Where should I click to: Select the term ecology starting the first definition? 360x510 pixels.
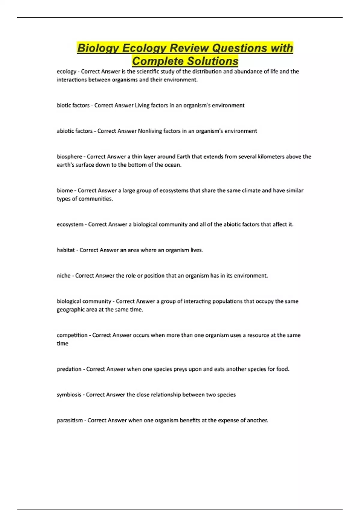pos(66,72)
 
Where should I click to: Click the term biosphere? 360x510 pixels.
pos(69,157)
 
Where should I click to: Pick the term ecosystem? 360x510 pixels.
pos(70,224)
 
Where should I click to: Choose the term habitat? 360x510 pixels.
pos(66,250)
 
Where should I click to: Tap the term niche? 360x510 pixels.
pos(64,276)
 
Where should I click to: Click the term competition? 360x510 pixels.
pos(72,335)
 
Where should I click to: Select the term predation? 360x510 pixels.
pos(69,369)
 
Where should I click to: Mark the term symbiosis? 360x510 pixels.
pos(69,395)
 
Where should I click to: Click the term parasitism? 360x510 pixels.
pos(70,420)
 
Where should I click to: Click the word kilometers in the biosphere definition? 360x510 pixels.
pos(271,157)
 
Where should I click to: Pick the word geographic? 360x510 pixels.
pos(70,310)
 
